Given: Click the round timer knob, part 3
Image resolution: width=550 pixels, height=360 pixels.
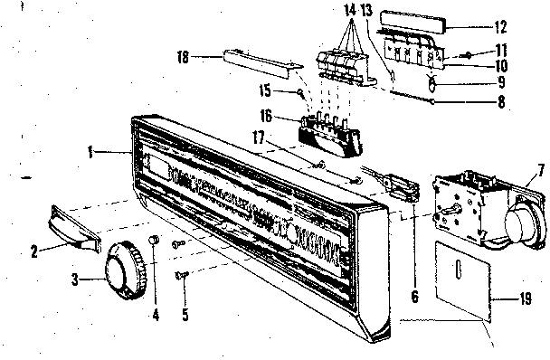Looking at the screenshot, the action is (x=123, y=266).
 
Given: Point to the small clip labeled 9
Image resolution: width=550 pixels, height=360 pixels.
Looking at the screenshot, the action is (x=433, y=83).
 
